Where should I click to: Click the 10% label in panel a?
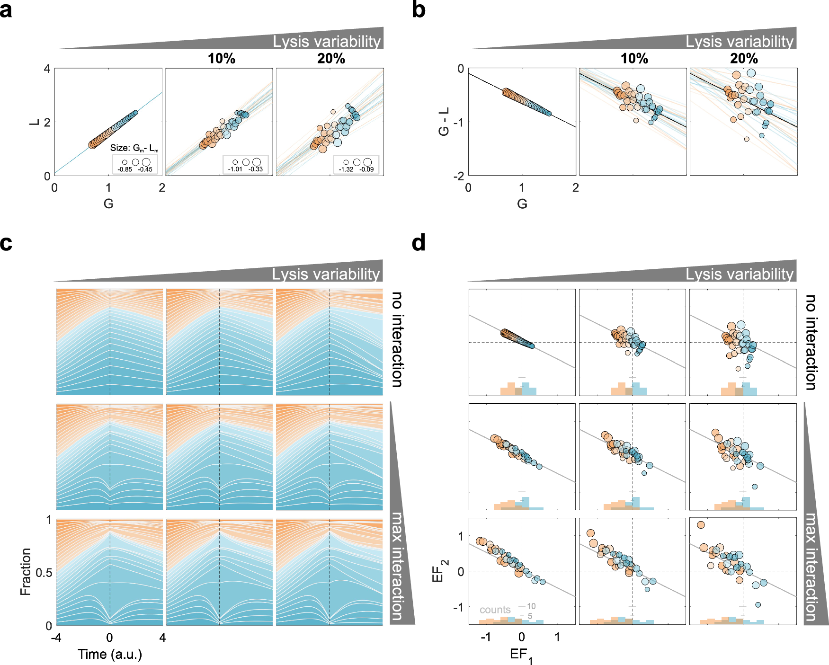pyautogui.click(x=221, y=59)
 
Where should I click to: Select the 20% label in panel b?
pyautogui.click(x=743, y=59)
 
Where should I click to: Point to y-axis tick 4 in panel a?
pyautogui.click(x=47, y=69)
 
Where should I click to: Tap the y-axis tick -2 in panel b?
pyautogui.click(x=458, y=176)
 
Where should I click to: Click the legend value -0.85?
pyautogui.click(x=125, y=169)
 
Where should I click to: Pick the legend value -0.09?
pyautogui.click(x=366, y=169)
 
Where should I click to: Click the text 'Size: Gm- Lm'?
pyautogui.click(x=134, y=148)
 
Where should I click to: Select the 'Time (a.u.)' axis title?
pyautogui.click(x=110, y=654)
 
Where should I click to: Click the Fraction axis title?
pyautogui.click(x=26, y=572)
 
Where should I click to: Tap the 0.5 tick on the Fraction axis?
pyautogui.click(x=44, y=573)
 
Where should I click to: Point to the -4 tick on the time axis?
pyautogui.click(x=56, y=638)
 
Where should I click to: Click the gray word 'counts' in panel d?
pyautogui.click(x=495, y=610)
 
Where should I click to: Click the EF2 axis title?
pyautogui.click(x=439, y=570)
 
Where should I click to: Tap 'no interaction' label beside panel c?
pyautogui.click(x=397, y=340)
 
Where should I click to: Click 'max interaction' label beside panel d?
pyautogui.click(x=811, y=567)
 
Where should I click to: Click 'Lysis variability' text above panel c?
pyautogui.click(x=326, y=274)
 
